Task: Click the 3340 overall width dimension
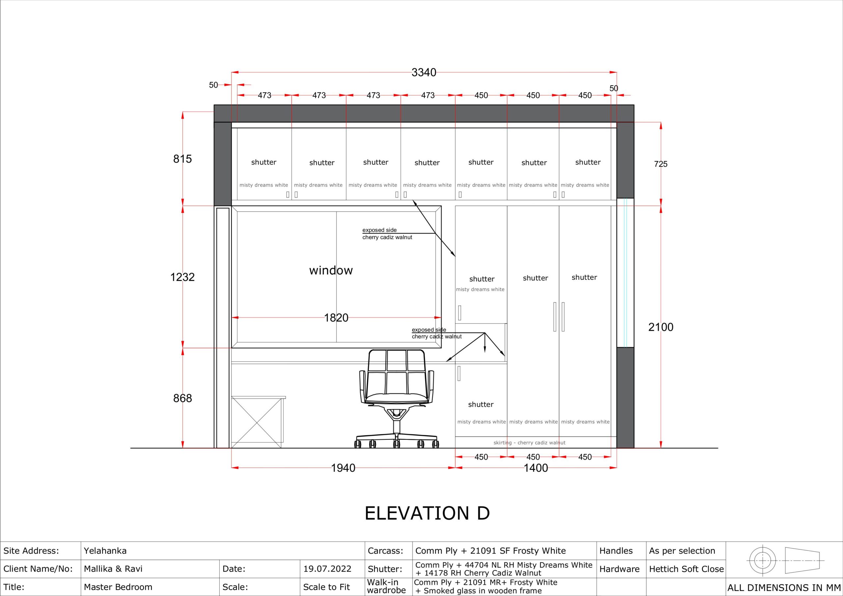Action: point(424,72)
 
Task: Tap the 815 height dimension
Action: point(182,159)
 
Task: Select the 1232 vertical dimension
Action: point(182,277)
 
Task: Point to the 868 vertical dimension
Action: point(182,398)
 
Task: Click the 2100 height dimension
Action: point(661,327)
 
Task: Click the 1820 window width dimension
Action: point(336,318)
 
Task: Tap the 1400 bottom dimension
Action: point(536,468)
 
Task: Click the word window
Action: point(331,270)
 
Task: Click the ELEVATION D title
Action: point(427,513)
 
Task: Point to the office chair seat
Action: point(397,398)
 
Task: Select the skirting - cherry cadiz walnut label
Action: point(530,443)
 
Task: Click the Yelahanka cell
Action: point(105,551)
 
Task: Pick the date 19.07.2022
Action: point(327,569)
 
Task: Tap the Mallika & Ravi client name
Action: point(113,569)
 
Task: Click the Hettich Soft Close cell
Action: point(686,569)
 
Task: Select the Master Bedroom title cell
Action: point(118,587)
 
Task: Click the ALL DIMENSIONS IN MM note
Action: point(784,587)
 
